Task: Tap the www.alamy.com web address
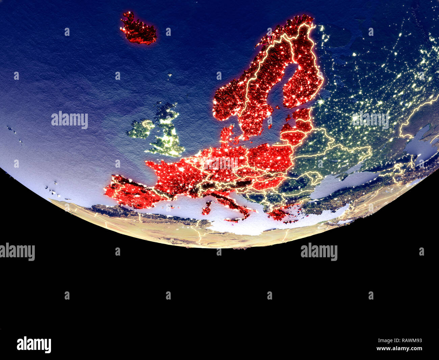tap(399, 349)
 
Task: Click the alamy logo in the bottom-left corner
tap(34, 344)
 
